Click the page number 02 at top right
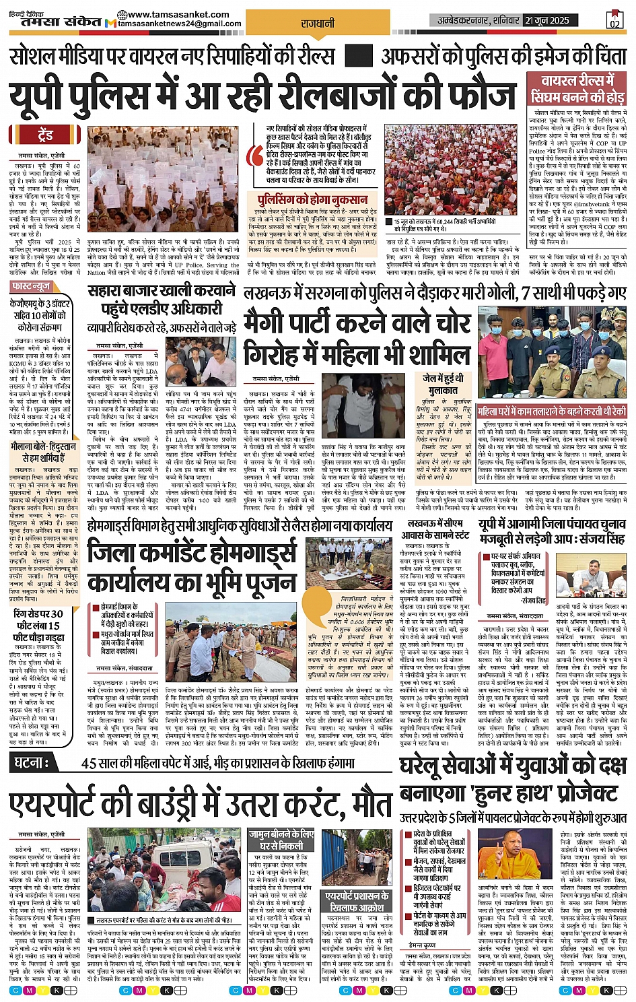click(614, 20)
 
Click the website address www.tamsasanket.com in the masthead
click(173, 14)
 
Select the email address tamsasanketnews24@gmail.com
click(179, 24)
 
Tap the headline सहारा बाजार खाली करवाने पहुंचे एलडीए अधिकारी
click(162, 300)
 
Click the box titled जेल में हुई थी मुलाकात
click(442, 383)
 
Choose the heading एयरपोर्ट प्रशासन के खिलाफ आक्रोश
click(357, 902)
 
